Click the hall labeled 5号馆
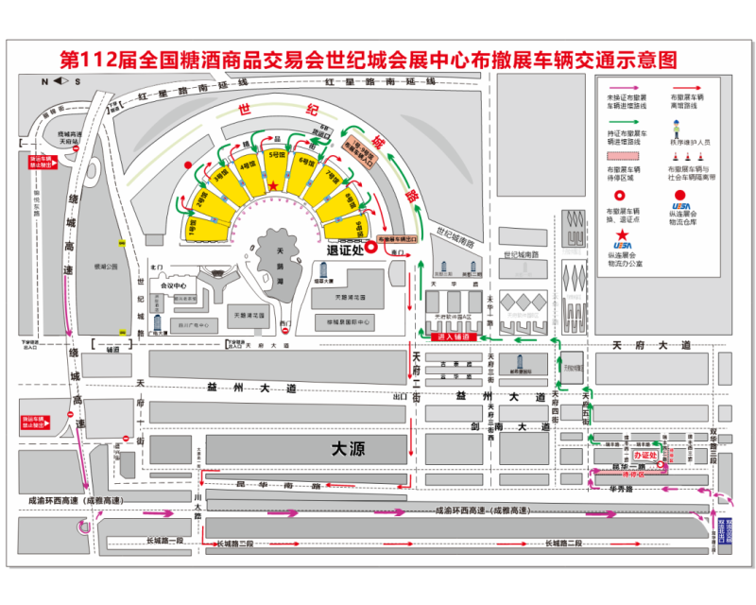coord(276,166)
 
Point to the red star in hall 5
coord(274,185)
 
